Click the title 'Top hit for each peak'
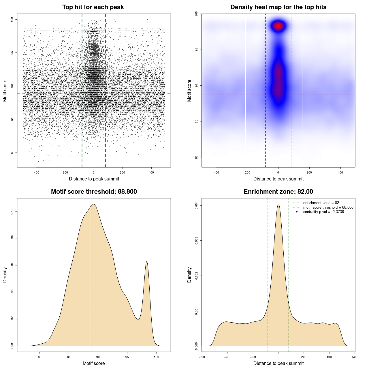click(93, 7)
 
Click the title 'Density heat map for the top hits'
click(278, 7)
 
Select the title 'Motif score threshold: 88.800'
click(94, 192)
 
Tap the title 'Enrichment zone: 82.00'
click(278, 192)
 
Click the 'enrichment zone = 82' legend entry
click(321, 203)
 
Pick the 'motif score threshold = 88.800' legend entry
click(328, 207)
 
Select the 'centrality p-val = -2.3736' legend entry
click(323, 212)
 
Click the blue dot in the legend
click(297, 212)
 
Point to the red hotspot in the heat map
click(278, 26)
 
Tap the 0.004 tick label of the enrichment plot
click(196, 206)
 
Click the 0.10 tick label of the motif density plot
click(12, 212)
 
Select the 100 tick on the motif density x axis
click(156, 357)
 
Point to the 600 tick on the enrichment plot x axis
click(355, 357)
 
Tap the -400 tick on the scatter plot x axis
click(36, 172)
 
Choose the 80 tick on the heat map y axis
click(196, 157)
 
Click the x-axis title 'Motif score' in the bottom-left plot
click(94, 363)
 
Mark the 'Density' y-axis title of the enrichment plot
click(189, 275)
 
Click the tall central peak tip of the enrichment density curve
click(278, 204)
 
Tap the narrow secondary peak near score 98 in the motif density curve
click(147, 262)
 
